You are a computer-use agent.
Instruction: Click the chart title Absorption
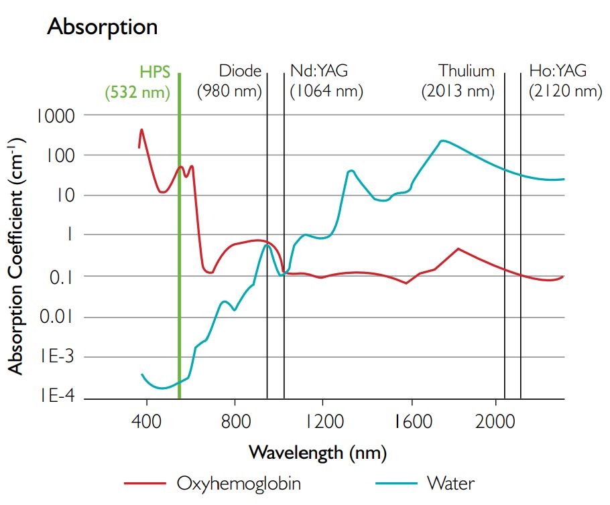pyautogui.click(x=103, y=27)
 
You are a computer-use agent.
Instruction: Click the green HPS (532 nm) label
pyautogui.click(x=137, y=81)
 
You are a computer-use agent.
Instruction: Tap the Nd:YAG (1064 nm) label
pyautogui.click(x=326, y=81)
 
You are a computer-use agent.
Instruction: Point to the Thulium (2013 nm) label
pyautogui.click(x=458, y=81)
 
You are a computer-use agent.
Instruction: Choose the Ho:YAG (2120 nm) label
pyautogui.click(x=564, y=81)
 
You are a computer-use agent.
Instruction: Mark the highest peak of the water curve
pyautogui.click(x=442, y=141)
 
